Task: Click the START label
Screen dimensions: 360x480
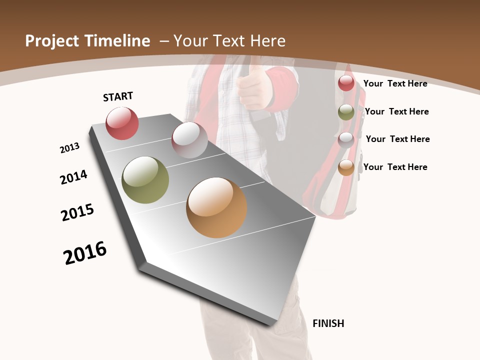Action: click(x=118, y=96)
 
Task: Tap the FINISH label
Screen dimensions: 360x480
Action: click(x=328, y=323)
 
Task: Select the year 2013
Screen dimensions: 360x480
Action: click(x=69, y=148)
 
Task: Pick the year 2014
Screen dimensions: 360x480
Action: click(x=73, y=177)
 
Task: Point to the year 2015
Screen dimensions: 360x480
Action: click(x=77, y=212)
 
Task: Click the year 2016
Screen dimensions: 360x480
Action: click(x=85, y=253)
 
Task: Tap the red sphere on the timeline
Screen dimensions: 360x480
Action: click(x=122, y=123)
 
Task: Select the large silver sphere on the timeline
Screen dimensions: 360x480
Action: click(x=189, y=139)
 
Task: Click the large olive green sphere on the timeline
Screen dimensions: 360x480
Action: click(x=145, y=180)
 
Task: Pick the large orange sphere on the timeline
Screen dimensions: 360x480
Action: click(x=216, y=207)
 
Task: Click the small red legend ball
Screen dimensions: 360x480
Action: click(x=346, y=83)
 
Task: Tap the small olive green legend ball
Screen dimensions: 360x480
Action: click(x=346, y=112)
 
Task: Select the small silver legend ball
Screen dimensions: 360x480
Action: click(x=346, y=139)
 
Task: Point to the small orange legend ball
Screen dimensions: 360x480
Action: click(x=346, y=167)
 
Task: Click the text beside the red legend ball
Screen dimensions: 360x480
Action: click(x=395, y=83)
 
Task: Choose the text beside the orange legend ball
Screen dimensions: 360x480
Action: click(x=395, y=167)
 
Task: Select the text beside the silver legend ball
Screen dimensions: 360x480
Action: click(x=397, y=139)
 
